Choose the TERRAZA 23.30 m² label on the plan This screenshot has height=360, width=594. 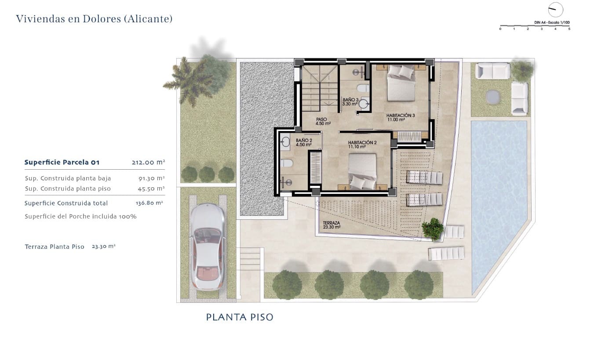click(332, 225)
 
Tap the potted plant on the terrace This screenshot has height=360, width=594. click(433, 229)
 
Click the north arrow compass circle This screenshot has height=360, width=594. click(556, 10)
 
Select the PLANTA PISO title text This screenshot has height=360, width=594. click(240, 317)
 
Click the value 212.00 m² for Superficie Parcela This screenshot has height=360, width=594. click(148, 162)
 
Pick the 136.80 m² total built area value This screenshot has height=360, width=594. click(149, 203)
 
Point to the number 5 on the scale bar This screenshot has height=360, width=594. click(569, 29)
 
